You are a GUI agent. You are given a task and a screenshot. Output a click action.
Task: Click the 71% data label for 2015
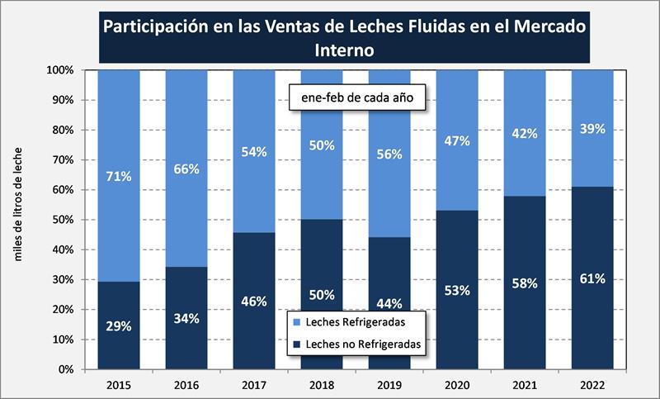[118, 176]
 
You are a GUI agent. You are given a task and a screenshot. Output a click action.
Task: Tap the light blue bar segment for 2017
[253, 124]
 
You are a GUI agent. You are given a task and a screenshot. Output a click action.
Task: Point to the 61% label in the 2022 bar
[592, 278]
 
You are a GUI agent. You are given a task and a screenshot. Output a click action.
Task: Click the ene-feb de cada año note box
[356, 99]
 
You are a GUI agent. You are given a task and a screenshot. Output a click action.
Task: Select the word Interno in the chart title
[345, 50]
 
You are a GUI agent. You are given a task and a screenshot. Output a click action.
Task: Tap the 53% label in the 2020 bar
[457, 290]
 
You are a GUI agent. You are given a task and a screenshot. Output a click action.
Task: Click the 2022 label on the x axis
[592, 384]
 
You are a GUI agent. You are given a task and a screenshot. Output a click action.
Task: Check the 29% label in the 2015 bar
[118, 326]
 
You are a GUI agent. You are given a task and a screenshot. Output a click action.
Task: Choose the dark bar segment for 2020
[457, 330]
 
